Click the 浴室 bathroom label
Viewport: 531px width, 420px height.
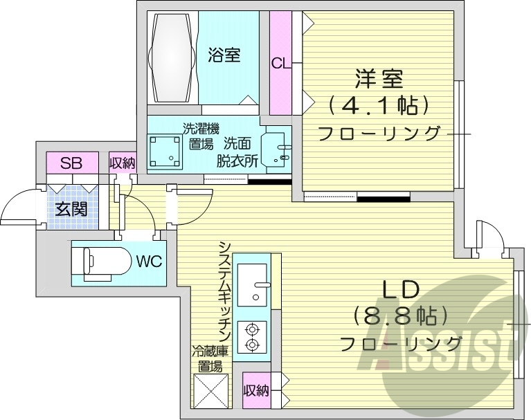[x=224, y=55]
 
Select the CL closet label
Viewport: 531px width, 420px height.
[x=280, y=64]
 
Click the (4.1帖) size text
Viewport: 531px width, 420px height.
[x=379, y=105]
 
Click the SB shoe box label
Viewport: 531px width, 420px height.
[x=71, y=164]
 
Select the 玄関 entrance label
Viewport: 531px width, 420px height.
[x=71, y=208]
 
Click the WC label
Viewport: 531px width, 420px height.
[x=149, y=262]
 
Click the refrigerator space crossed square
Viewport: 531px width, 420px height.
[x=210, y=392]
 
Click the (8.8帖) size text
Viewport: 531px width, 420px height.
[x=397, y=317]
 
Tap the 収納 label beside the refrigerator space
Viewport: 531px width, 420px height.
[x=255, y=391]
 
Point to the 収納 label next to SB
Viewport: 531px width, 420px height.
[x=123, y=164]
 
